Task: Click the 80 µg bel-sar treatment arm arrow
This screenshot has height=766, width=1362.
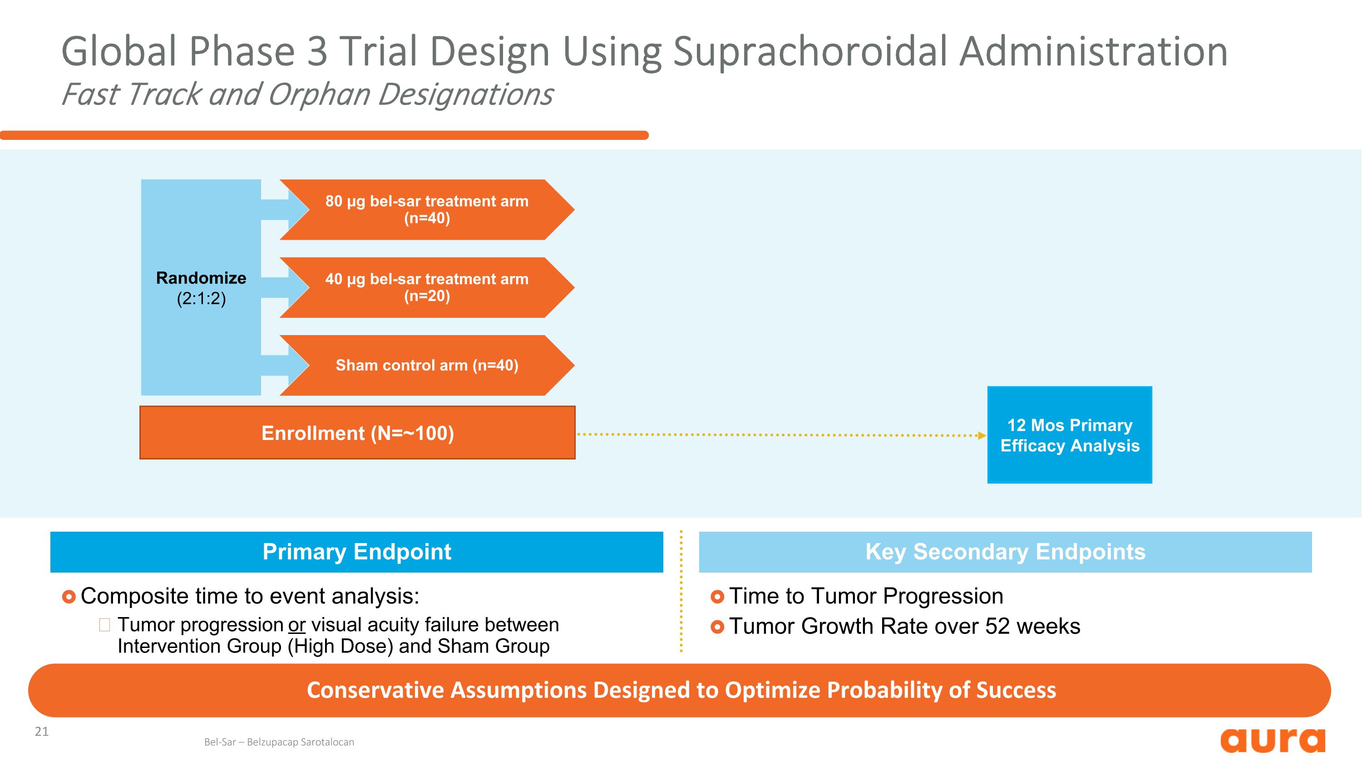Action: (426, 209)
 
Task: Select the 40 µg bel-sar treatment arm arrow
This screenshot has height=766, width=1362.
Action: (426, 287)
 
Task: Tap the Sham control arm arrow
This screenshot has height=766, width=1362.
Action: (426, 365)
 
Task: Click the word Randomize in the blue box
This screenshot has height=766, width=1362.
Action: (201, 277)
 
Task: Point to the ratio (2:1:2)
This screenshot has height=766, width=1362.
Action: (201, 299)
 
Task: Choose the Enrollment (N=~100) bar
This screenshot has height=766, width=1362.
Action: (357, 433)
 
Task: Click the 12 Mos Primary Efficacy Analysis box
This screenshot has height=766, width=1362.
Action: (1069, 435)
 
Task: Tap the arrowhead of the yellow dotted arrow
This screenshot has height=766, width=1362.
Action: (982, 435)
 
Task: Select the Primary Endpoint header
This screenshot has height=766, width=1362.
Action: (356, 552)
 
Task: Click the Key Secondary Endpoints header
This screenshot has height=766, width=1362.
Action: (1005, 552)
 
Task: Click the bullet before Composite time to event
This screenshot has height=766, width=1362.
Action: (69, 597)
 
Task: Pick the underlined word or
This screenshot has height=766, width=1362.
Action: (296, 625)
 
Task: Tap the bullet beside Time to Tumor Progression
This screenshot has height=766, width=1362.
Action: (717, 597)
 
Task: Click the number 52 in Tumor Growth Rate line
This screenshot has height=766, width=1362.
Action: (997, 627)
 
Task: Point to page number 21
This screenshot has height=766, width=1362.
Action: (42, 731)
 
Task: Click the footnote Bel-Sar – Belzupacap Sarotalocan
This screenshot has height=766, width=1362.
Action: (279, 742)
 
